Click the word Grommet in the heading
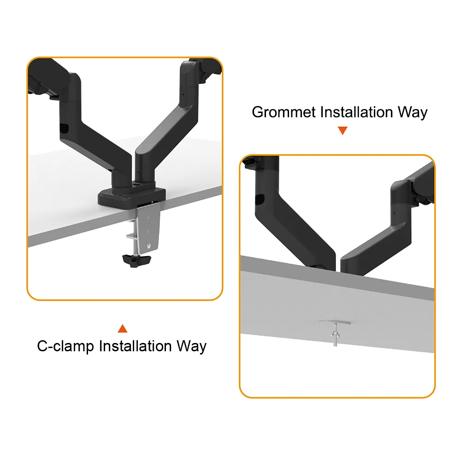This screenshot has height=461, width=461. click(x=284, y=112)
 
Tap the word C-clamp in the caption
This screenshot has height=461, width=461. click(x=65, y=346)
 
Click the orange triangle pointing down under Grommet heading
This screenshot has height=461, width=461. click(x=343, y=130)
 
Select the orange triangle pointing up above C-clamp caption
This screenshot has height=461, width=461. click(x=123, y=328)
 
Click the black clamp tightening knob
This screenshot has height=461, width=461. click(x=136, y=260)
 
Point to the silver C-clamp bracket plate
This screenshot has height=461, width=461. click(x=148, y=226)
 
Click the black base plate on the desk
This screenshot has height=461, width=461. click(x=132, y=196)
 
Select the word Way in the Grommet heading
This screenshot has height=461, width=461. click(x=413, y=112)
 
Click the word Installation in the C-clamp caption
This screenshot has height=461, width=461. click(x=135, y=346)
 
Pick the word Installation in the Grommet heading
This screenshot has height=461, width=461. click(x=356, y=112)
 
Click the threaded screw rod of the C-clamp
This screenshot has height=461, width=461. click(x=136, y=235)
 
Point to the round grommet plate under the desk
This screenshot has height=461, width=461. click(x=335, y=322)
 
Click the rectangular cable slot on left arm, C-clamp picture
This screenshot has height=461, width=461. click(x=64, y=128)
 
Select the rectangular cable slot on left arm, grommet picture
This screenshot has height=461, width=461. click(x=260, y=200)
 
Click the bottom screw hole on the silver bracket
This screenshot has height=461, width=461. click(x=149, y=246)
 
